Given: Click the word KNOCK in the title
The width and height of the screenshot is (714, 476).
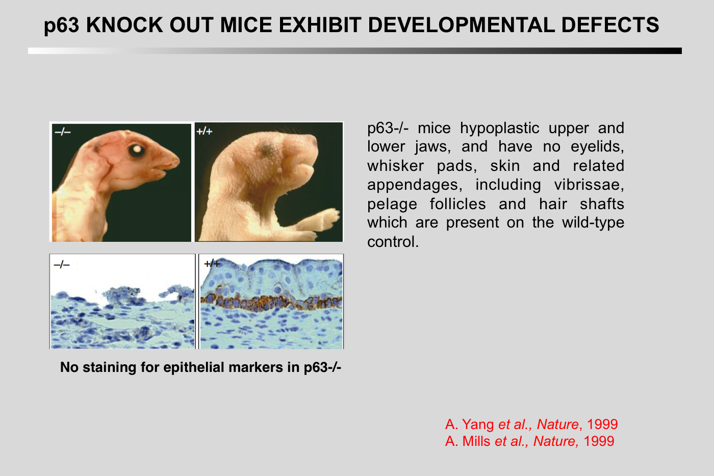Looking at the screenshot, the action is (x=124, y=25).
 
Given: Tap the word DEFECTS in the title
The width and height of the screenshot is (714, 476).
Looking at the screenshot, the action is (x=610, y=25).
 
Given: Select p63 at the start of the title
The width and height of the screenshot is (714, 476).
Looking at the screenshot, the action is (x=61, y=26).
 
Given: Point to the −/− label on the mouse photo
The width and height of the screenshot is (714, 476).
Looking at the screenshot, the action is (x=62, y=132).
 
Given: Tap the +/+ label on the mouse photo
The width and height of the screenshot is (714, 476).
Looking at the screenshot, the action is (x=205, y=131).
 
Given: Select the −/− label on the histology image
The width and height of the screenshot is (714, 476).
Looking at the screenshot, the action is (x=62, y=265).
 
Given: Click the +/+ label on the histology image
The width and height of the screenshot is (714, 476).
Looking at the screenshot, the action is (x=212, y=264).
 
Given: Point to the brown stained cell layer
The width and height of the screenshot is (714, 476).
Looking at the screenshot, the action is (x=271, y=302).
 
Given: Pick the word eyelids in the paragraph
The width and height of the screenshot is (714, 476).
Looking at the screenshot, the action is (x=597, y=146).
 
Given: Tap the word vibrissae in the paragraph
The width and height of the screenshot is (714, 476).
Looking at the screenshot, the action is (x=589, y=185).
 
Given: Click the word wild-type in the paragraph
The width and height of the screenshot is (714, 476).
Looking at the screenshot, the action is (x=593, y=222).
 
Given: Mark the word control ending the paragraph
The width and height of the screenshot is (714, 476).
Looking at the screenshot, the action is (x=393, y=242).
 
